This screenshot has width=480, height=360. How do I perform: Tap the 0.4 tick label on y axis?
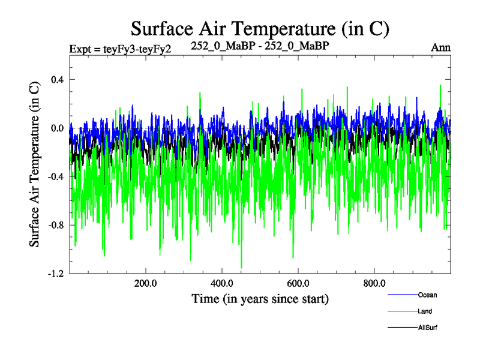pyautogui.click(x=57, y=80)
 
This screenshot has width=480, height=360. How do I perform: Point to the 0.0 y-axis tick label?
pyautogui.click(x=57, y=128)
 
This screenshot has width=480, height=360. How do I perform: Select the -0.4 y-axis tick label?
pyautogui.click(x=56, y=176)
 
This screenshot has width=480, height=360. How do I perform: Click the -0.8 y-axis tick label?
pyautogui.click(x=56, y=225)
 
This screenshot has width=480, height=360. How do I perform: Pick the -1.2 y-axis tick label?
pyautogui.click(x=56, y=274)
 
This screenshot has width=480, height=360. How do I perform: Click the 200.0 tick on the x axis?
pyautogui.click(x=146, y=283)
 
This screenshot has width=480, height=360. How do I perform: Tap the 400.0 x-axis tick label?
pyautogui.click(x=222, y=283)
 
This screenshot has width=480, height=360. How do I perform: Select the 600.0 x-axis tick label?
pyautogui.click(x=298, y=283)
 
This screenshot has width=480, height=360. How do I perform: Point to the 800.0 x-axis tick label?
pyautogui.click(x=374, y=283)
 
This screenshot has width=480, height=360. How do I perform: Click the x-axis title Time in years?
pyautogui.click(x=260, y=298)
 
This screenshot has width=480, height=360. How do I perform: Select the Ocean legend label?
pyautogui.click(x=427, y=295)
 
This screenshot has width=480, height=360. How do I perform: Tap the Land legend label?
pyautogui.click(x=425, y=311)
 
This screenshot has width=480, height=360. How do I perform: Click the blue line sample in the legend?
pyautogui.click(x=403, y=295)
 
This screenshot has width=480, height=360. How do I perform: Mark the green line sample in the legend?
pyautogui.click(x=403, y=311)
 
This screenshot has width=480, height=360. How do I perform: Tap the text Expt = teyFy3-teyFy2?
pyautogui.click(x=121, y=49)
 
